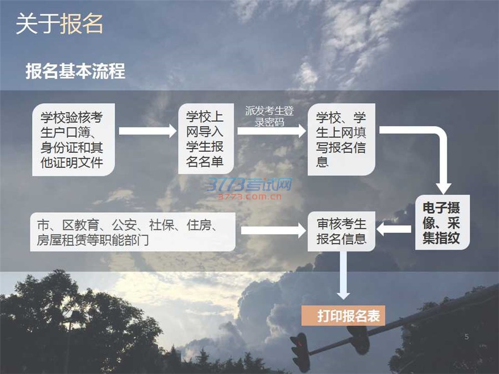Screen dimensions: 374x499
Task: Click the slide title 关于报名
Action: (59, 24)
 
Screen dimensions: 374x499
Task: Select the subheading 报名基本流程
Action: (75, 71)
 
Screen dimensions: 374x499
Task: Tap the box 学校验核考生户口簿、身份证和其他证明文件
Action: (73, 140)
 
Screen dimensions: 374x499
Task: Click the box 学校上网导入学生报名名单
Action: (205, 139)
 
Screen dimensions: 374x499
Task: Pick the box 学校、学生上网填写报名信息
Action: (341, 139)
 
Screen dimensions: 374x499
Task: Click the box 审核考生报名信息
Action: (341, 231)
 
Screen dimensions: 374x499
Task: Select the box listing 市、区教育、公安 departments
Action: (134, 232)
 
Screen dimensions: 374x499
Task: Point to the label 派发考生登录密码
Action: (269, 116)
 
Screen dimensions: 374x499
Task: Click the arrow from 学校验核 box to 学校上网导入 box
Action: (147, 131)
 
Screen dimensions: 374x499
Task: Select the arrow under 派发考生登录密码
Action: (272, 131)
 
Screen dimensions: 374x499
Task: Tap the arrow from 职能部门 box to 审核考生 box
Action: (272, 230)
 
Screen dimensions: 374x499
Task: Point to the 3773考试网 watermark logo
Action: (250, 188)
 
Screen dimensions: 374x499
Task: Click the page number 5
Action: (466, 336)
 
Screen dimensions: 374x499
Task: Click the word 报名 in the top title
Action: (82, 24)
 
